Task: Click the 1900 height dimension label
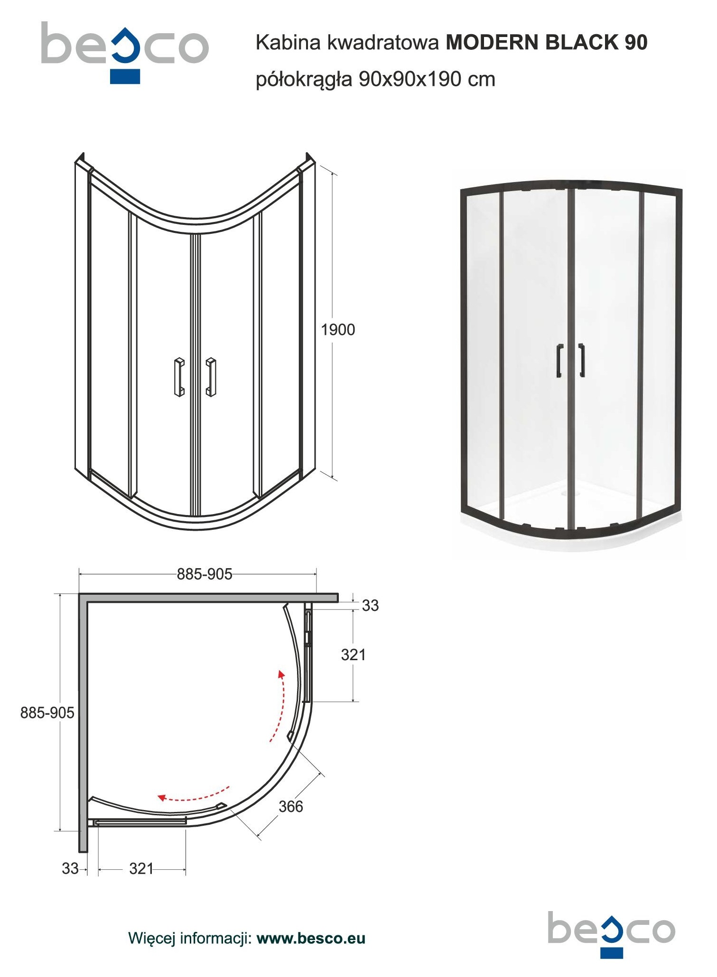[x=338, y=330]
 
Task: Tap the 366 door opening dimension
[x=290, y=807]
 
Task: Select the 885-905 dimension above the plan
[x=205, y=574]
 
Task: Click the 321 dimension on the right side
[x=354, y=655]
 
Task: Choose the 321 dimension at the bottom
[x=141, y=869]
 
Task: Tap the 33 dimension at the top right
[x=371, y=606]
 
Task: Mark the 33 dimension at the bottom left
[x=70, y=868]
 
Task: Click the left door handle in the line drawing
[x=179, y=377]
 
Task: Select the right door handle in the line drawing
[x=211, y=377]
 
